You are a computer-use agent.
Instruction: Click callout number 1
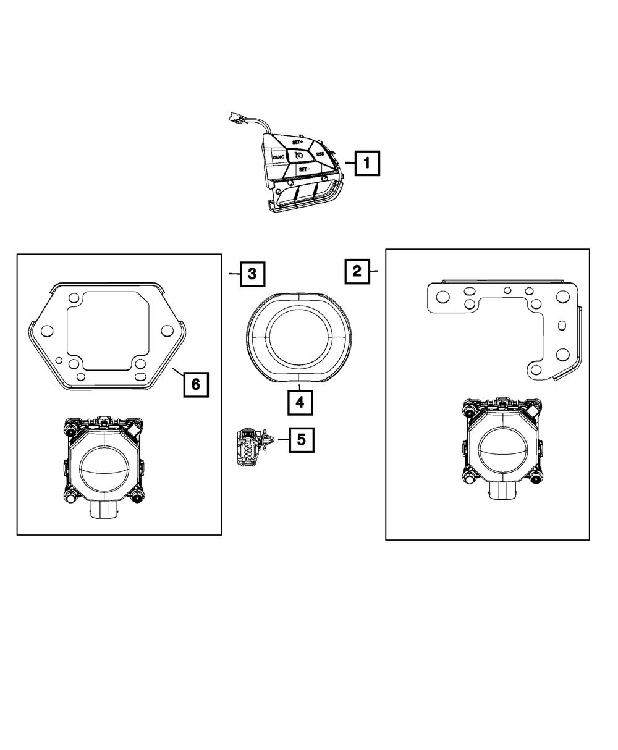pyautogui.click(x=367, y=164)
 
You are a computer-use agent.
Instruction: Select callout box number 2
pyautogui.click(x=357, y=271)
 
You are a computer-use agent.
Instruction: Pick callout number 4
pyautogui.click(x=299, y=403)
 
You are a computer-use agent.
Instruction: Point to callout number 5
pyautogui.click(x=301, y=439)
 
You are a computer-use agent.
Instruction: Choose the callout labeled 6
pyautogui.click(x=195, y=384)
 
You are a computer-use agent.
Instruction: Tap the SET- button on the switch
pyautogui.click(x=303, y=169)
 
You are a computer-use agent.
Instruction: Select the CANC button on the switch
pyautogui.click(x=278, y=158)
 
